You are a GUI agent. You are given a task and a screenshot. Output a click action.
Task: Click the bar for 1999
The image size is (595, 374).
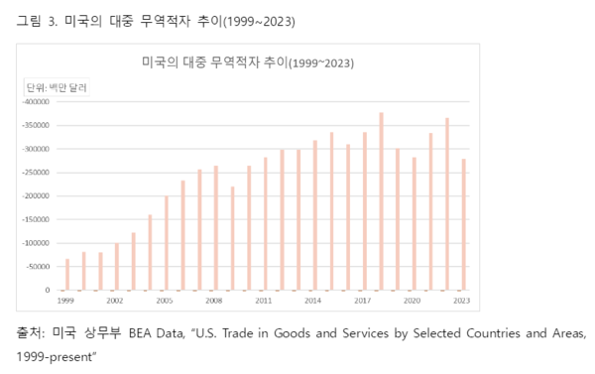(x=67, y=275)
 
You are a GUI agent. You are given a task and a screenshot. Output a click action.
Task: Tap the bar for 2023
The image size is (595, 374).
(x=463, y=224)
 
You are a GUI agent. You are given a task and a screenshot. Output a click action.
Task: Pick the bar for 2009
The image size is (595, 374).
(x=232, y=238)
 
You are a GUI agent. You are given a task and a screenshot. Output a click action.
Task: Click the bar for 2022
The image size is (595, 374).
(x=446, y=204)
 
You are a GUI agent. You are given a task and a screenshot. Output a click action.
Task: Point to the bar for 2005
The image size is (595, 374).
(x=167, y=243)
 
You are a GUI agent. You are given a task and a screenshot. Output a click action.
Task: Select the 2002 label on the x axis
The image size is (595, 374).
(x=116, y=300)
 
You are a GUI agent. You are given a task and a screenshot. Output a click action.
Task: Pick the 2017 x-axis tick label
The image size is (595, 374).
(x=363, y=300)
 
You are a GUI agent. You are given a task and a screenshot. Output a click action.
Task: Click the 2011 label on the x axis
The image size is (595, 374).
(x=264, y=300)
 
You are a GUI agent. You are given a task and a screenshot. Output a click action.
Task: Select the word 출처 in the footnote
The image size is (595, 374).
(x=32, y=330)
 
